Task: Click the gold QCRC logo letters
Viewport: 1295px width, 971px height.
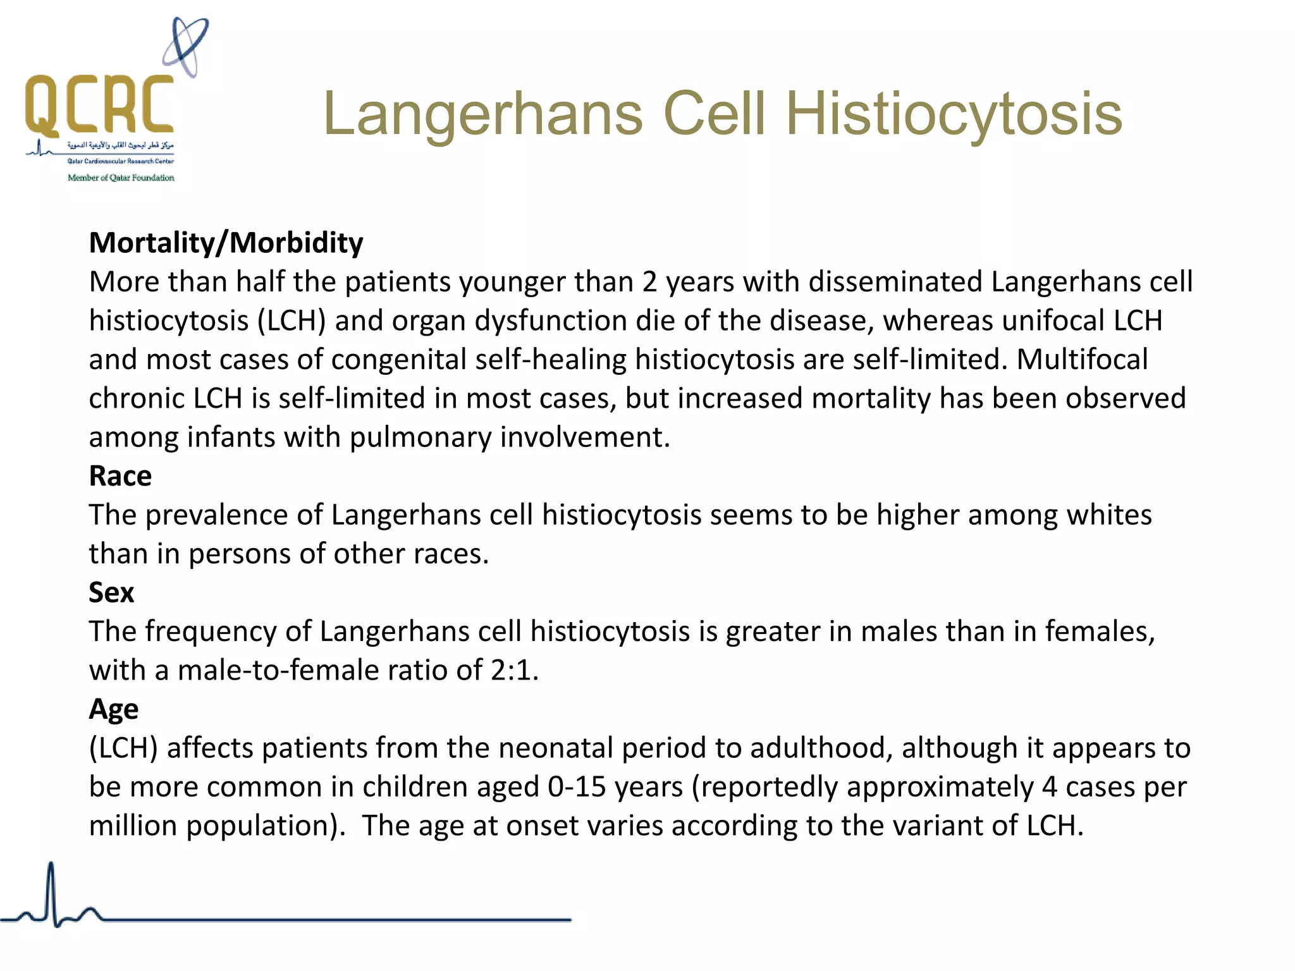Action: [x=99, y=105]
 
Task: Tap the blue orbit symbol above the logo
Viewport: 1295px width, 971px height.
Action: [x=185, y=48]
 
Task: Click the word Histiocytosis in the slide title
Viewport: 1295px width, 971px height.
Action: [x=954, y=114]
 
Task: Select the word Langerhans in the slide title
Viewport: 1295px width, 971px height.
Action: [x=483, y=114]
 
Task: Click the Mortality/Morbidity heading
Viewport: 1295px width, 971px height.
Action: [x=226, y=243]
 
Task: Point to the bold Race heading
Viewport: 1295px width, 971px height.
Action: [x=120, y=476]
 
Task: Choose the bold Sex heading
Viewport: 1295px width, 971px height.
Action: [x=111, y=592]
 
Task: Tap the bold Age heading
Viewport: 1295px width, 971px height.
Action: [x=113, y=709]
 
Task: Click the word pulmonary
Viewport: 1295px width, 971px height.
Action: [x=420, y=437]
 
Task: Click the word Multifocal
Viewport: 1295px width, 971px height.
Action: [x=1082, y=359]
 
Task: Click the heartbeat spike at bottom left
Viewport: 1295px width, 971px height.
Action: [x=51, y=891]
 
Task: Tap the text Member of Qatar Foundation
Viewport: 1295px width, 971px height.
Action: [x=121, y=178]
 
